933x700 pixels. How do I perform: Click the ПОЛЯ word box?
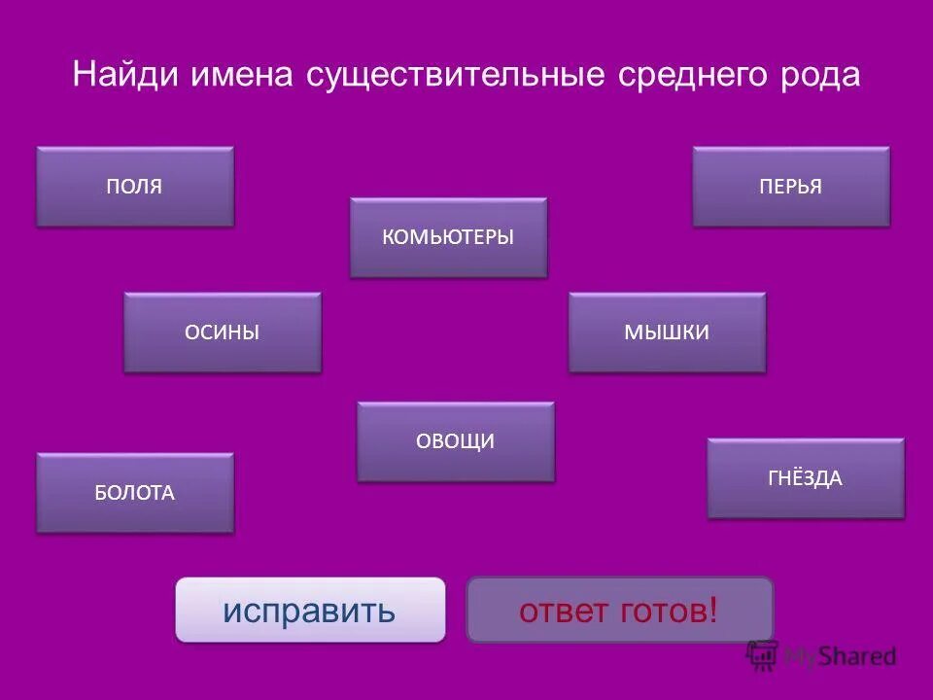(x=135, y=187)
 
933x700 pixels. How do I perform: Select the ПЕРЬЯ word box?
(x=791, y=187)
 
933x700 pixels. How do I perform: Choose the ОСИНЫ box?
(x=223, y=332)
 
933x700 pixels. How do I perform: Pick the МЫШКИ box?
(x=667, y=332)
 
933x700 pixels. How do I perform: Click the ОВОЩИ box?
(x=456, y=441)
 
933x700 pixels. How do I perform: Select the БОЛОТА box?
(x=135, y=493)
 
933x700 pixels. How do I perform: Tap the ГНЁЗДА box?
(x=806, y=478)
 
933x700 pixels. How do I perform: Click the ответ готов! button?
(x=620, y=611)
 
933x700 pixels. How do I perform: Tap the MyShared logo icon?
(x=763, y=655)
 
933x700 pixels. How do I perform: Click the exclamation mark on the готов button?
(x=714, y=611)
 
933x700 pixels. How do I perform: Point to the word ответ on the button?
(x=564, y=611)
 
